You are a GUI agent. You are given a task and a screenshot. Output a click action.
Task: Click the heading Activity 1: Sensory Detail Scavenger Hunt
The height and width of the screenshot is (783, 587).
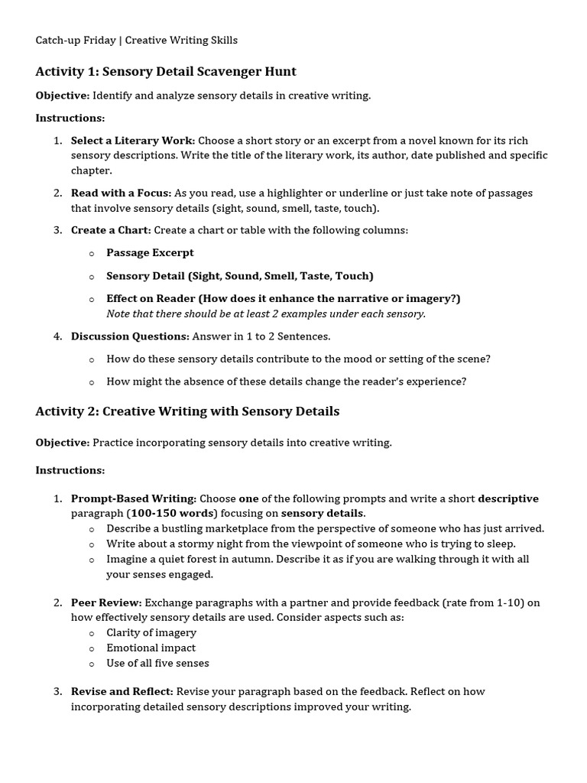(166, 72)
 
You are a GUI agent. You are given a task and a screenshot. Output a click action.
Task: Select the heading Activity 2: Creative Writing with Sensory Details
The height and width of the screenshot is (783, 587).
(187, 411)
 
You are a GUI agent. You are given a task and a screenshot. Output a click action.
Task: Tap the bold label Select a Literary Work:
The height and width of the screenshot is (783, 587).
(133, 141)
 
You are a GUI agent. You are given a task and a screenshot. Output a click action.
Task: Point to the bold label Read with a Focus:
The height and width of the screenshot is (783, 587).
(121, 193)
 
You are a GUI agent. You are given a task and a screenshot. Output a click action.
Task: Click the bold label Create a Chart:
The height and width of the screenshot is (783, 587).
(111, 230)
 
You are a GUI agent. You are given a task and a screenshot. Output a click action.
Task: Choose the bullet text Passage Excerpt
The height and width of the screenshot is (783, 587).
(150, 252)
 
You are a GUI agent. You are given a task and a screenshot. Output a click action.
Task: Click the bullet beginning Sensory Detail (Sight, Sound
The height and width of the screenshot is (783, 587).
(239, 276)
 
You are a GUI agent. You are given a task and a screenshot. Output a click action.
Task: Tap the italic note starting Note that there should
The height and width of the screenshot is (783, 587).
(265, 314)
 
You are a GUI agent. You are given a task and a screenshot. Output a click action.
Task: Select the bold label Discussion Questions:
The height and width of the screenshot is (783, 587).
(130, 336)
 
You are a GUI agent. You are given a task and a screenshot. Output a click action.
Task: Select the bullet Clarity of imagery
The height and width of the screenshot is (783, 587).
(151, 632)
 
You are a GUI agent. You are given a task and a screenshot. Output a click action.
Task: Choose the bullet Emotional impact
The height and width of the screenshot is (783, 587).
(151, 648)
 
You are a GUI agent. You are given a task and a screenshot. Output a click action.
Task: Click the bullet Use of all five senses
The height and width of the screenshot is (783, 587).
(157, 663)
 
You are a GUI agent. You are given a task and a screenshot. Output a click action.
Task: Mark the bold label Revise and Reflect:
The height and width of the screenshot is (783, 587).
(122, 691)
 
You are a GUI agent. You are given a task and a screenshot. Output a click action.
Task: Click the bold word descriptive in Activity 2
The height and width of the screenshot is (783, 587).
(508, 499)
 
